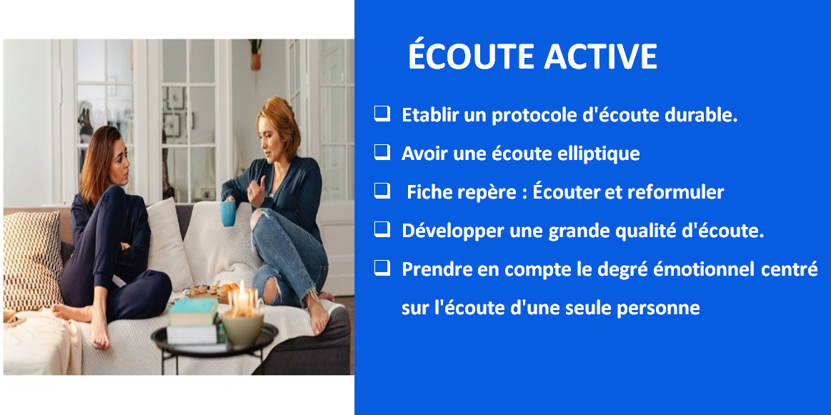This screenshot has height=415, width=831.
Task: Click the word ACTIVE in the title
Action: pyautogui.click(x=599, y=56)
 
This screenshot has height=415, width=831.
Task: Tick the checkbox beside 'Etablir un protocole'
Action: pyautogui.click(x=382, y=114)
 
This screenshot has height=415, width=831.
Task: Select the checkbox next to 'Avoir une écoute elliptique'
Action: pyautogui.click(x=382, y=152)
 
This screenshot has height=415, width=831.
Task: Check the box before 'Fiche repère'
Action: pyautogui.click(x=382, y=191)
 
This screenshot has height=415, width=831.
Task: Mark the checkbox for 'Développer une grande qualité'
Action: pyautogui.click(x=382, y=229)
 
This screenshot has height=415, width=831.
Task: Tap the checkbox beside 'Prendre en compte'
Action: pyautogui.click(x=382, y=268)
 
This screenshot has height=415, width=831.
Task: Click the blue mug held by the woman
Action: pyautogui.click(x=229, y=213)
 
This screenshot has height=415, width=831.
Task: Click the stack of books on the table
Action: pyautogui.click(x=194, y=321)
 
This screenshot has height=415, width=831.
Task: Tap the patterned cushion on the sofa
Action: pyautogui.click(x=32, y=260)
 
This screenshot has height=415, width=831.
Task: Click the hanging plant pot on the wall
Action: pyautogui.click(x=256, y=55)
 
